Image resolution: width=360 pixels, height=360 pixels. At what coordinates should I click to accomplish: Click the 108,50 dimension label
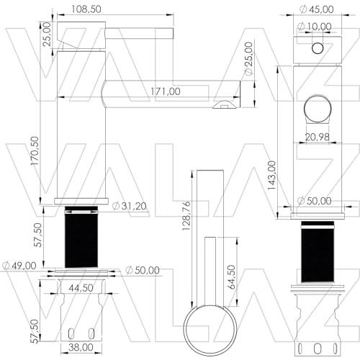point(86,9)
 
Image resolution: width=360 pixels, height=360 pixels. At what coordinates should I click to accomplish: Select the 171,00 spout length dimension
point(166,91)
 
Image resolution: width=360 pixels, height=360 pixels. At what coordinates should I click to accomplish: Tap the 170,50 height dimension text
point(35,150)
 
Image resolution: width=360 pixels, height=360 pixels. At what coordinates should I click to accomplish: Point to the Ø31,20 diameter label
point(130,206)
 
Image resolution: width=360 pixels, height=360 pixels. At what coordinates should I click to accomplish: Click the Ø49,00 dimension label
point(19,266)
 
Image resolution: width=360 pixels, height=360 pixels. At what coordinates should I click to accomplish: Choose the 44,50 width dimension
point(81,288)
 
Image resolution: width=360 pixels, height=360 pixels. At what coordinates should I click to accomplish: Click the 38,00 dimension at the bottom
point(81,347)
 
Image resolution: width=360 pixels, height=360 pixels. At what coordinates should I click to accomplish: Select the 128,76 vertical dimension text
point(186,216)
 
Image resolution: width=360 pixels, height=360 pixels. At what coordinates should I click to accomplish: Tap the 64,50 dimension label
point(231,277)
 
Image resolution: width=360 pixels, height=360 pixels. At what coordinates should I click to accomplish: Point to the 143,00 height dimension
point(271,175)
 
